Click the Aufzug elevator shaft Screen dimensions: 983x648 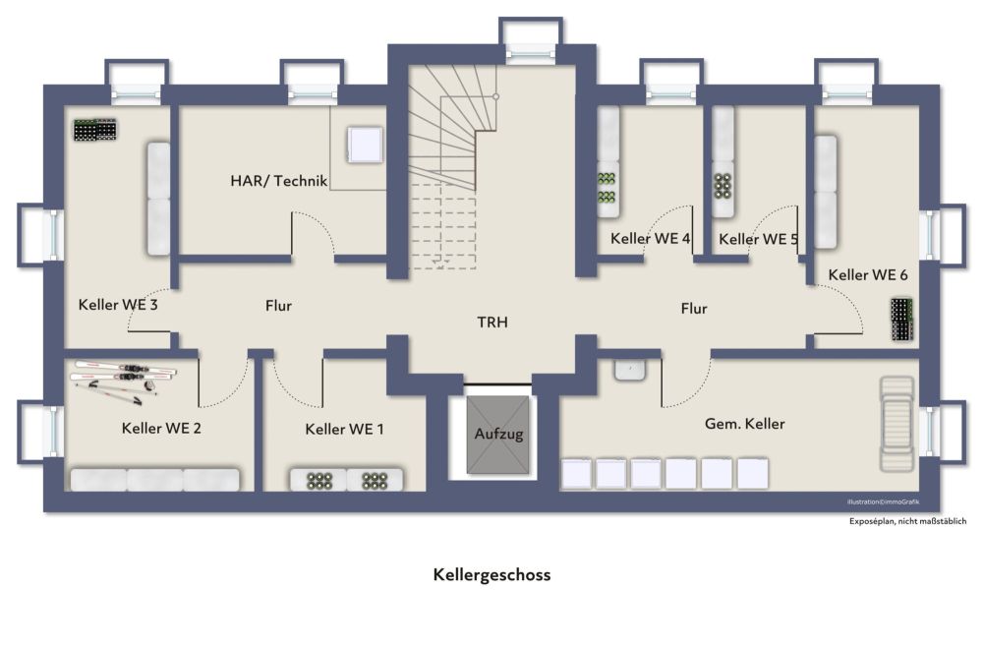click(x=497, y=435)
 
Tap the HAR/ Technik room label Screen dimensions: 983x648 click(x=279, y=181)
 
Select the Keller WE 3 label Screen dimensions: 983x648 click(x=118, y=305)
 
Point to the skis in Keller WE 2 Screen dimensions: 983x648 click(x=123, y=379)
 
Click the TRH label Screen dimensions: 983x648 click(x=492, y=322)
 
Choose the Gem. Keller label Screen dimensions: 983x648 click(x=745, y=424)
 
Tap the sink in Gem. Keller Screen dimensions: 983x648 click(x=630, y=370)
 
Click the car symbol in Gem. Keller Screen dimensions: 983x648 click(x=897, y=424)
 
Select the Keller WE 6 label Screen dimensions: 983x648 click(x=868, y=274)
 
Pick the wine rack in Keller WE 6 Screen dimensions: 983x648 click(x=901, y=320)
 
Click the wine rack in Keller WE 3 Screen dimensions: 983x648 click(x=95, y=130)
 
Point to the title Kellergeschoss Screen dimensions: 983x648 click(x=492, y=574)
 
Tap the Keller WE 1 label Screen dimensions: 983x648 click(x=344, y=429)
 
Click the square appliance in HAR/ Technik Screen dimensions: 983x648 click(x=365, y=145)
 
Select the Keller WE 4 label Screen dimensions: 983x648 click(x=650, y=238)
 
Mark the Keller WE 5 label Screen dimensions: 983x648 click(x=759, y=239)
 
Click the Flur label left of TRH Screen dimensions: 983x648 click(x=278, y=306)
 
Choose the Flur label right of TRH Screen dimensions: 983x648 click(x=694, y=308)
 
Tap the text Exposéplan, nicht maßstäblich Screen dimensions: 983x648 click(x=907, y=520)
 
